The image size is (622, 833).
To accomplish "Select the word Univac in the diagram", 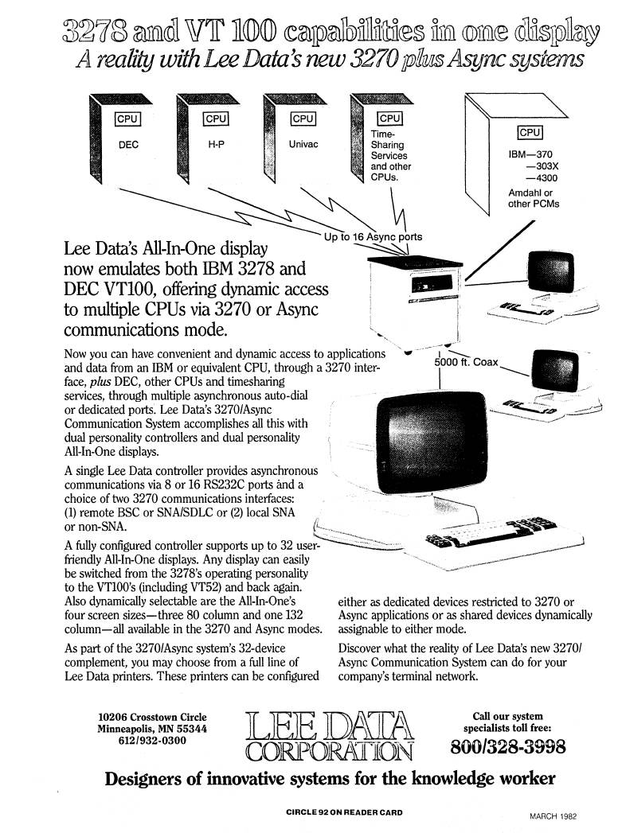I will pos(303,146).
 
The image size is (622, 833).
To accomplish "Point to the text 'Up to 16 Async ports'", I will pos(373,237).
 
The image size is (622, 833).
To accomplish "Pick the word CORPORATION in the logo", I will pos(331,749).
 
